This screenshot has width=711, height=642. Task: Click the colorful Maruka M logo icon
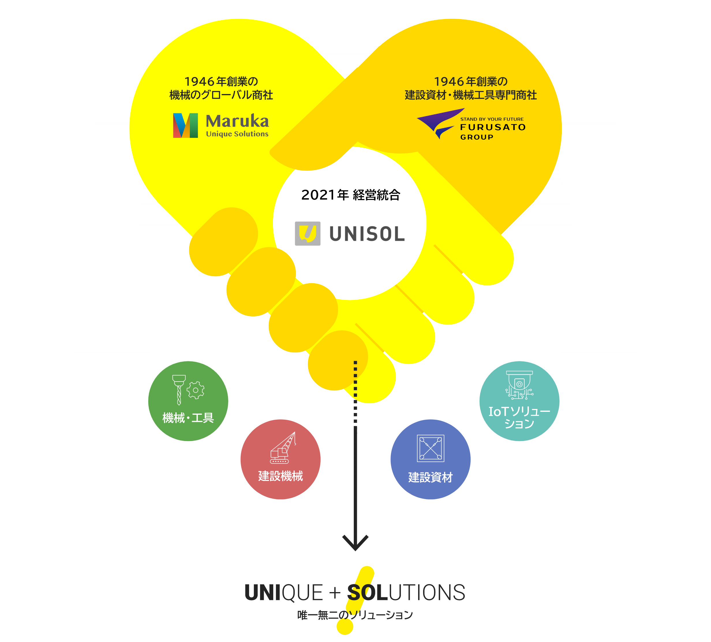[x=186, y=125]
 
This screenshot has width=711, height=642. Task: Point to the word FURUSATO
[x=493, y=127]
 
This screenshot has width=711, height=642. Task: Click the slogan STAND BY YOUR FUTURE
[x=492, y=119]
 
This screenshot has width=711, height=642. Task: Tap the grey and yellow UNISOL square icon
[x=308, y=233]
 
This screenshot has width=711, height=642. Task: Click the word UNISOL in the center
[x=367, y=234]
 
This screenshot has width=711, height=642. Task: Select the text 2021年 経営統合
[x=351, y=195]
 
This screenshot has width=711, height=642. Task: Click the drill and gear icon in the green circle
[x=188, y=389]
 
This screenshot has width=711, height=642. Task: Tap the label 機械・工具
[x=188, y=418]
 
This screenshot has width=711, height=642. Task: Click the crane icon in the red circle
[x=282, y=448]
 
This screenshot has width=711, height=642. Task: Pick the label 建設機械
[x=280, y=476]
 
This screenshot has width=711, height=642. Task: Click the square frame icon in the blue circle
[x=430, y=448]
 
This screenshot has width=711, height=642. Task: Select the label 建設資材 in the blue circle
[x=430, y=477]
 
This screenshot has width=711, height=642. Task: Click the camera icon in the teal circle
[x=519, y=384]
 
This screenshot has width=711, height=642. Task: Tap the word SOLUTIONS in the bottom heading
[x=406, y=593]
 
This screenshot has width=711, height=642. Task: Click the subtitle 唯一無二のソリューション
[x=355, y=615]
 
